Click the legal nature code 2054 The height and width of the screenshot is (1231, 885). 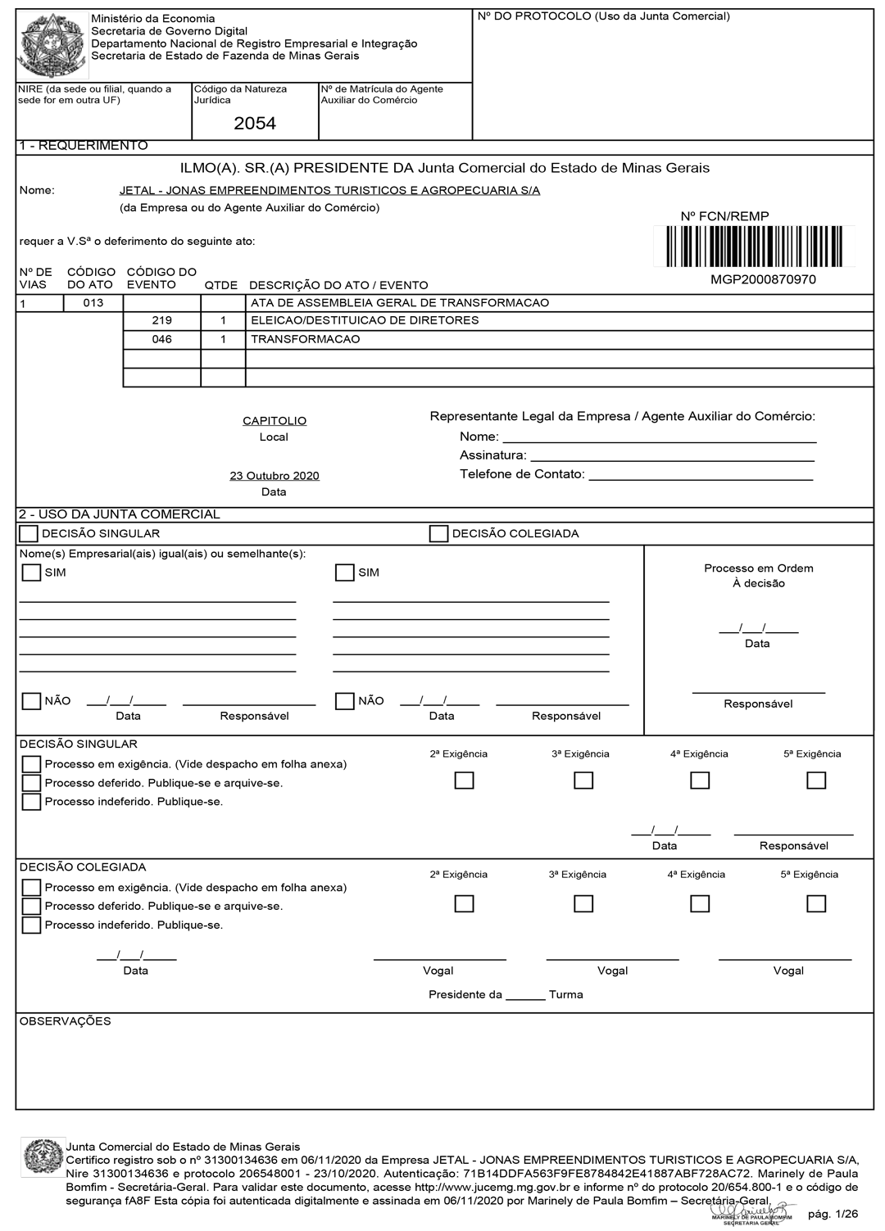(x=255, y=124)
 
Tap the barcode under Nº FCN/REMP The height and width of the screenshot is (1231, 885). (x=754, y=247)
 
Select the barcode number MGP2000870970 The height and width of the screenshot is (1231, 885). (x=763, y=279)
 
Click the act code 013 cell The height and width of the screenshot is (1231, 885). (x=93, y=303)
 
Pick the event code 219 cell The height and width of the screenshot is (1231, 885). (x=162, y=320)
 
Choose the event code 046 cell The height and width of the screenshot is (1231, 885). (x=162, y=339)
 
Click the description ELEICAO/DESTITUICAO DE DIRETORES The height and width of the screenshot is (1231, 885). (x=365, y=320)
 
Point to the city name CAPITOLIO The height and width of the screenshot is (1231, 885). (x=275, y=421)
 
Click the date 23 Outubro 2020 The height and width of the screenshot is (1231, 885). (x=275, y=476)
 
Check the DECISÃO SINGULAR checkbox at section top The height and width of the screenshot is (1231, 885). (x=29, y=534)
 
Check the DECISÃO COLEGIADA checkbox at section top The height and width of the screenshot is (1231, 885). (x=438, y=534)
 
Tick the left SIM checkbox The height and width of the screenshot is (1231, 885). (x=31, y=573)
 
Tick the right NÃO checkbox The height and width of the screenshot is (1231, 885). (x=345, y=701)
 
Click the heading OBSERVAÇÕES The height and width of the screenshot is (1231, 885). (x=65, y=1021)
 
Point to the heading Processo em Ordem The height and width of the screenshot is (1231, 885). (x=759, y=568)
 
